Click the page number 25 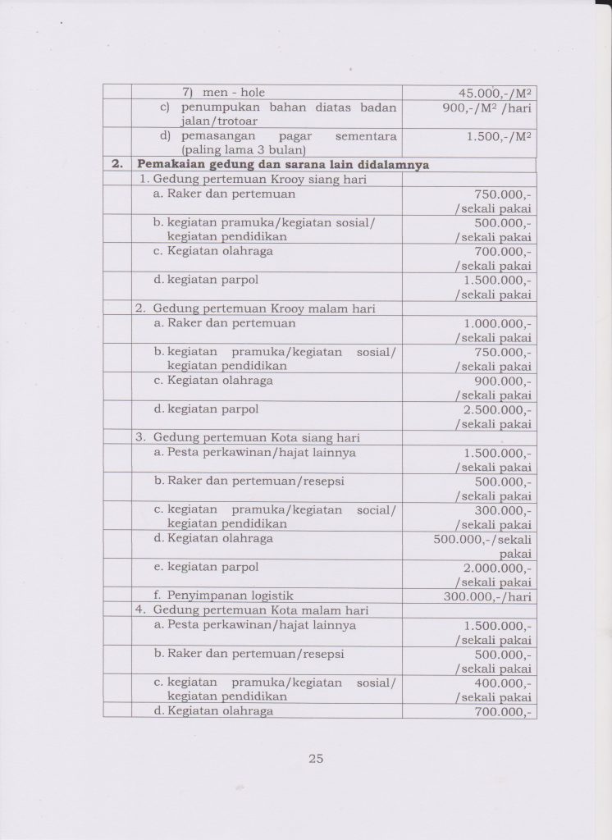pyautogui.click(x=316, y=759)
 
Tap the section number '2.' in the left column pyautogui.click(x=117, y=164)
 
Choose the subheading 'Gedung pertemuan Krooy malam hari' pyautogui.click(x=264, y=308)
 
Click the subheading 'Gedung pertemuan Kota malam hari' pyautogui.click(x=261, y=610)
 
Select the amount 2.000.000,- pyautogui.click(x=497, y=568)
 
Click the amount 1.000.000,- pyautogui.click(x=497, y=323)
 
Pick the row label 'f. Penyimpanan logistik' pyautogui.click(x=223, y=596)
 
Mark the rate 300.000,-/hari pyautogui.click(x=487, y=596)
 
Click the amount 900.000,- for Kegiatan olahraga pyautogui.click(x=503, y=381)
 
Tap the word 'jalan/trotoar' pyautogui.click(x=198, y=121)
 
